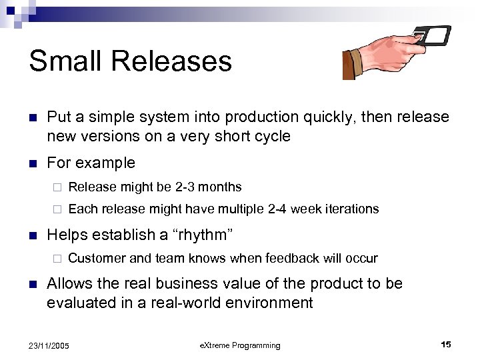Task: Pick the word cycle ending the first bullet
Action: (269, 136)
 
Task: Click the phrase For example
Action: (91, 163)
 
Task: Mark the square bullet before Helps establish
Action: (31, 235)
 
